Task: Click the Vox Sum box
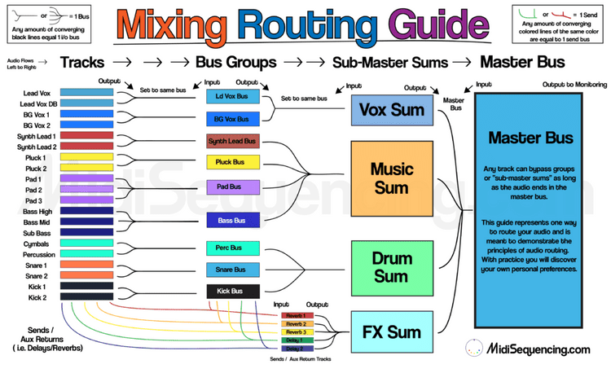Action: (385, 110)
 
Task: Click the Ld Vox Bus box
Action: (232, 97)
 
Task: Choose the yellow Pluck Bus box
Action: (232, 162)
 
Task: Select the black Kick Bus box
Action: (232, 290)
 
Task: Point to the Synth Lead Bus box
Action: (232, 141)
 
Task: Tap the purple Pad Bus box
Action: (232, 186)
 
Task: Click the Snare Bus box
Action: (232, 269)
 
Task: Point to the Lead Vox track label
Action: (37, 93)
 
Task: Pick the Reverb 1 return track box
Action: (295, 315)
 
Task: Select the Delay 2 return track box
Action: (295, 348)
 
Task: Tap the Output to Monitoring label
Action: (572, 84)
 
